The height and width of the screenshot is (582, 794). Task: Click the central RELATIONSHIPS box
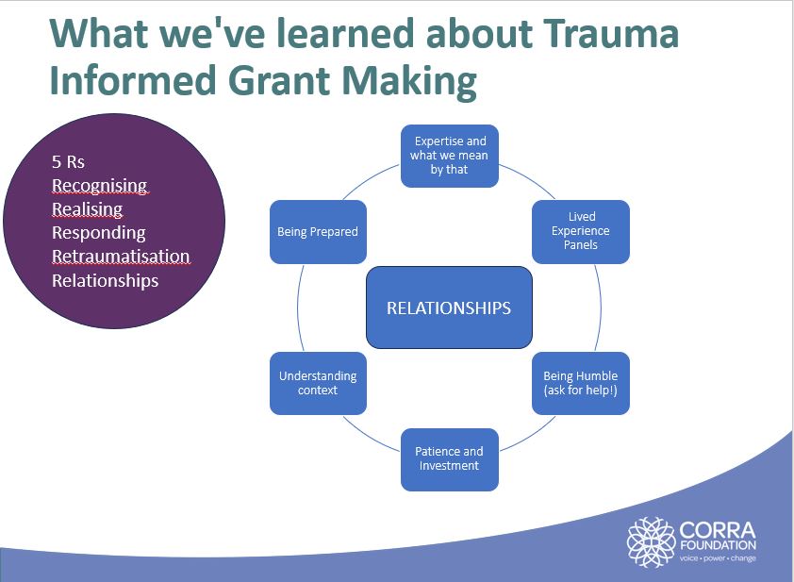(449, 308)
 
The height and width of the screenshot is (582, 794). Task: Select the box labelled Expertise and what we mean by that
(450, 156)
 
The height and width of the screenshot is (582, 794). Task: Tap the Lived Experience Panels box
(581, 231)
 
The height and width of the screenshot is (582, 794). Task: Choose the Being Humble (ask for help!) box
(581, 383)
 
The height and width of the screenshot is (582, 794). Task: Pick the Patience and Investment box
(449, 458)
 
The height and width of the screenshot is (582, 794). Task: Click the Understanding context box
(318, 383)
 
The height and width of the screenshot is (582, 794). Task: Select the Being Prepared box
(318, 231)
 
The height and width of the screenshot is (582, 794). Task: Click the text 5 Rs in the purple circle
(68, 162)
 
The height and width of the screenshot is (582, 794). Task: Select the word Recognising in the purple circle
(99, 186)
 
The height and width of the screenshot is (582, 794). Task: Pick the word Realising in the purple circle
(87, 209)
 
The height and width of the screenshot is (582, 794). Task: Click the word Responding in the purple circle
(98, 233)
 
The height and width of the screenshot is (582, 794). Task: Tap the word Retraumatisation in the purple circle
(121, 257)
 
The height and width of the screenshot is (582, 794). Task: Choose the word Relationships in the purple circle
(105, 281)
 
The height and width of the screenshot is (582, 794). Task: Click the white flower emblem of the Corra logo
(651, 540)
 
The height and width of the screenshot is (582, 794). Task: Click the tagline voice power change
(717, 557)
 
